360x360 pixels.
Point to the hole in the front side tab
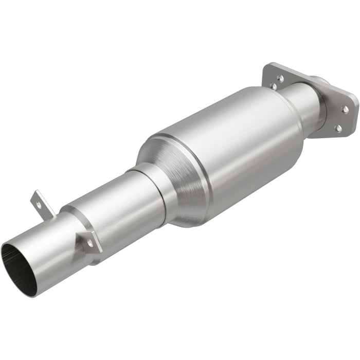tap(91, 243)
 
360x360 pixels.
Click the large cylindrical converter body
tap(226, 149)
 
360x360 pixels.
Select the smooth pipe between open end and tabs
tap(49, 247)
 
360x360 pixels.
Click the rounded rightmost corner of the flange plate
tap(352, 103)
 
